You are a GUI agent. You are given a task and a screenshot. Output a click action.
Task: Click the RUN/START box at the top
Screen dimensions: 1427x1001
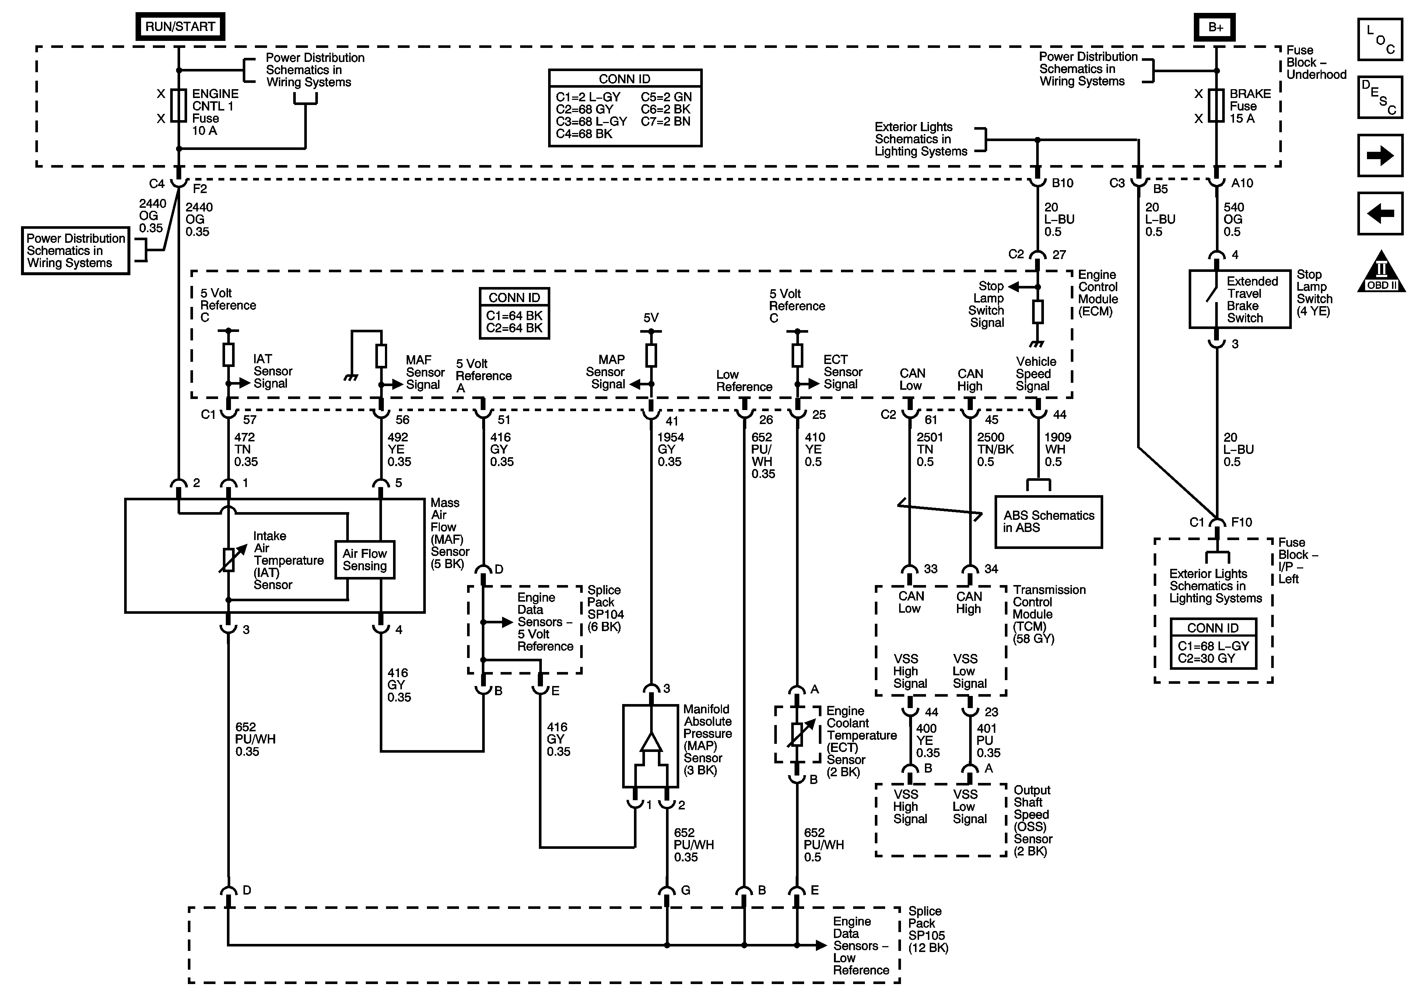[180, 27]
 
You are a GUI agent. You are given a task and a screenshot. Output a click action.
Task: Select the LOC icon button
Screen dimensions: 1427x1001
[1380, 39]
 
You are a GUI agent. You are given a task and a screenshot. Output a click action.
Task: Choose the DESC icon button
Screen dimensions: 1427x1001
[1380, 97]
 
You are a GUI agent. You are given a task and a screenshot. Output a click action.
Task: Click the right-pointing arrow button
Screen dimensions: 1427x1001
[1380, 155]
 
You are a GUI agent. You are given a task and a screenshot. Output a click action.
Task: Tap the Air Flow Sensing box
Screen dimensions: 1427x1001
[365, 560]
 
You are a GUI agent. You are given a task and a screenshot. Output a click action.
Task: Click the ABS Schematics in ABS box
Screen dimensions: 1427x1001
[1048, 522]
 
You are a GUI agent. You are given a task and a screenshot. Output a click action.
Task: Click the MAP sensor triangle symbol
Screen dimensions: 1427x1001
[651, 742]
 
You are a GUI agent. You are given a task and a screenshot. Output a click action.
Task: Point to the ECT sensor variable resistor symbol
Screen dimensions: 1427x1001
[797, 734]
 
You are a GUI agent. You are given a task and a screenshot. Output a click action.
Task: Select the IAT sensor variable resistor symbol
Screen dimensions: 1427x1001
[229, 560]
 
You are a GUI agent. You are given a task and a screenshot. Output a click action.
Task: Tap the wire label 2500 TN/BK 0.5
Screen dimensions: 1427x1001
[995, 449]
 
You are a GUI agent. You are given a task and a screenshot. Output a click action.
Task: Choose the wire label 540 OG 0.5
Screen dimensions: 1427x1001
[1233, 220]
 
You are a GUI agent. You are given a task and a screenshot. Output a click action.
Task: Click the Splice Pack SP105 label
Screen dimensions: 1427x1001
[928, 930]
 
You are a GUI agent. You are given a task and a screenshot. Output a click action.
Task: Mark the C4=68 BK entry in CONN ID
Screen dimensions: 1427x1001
[584, 134]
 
